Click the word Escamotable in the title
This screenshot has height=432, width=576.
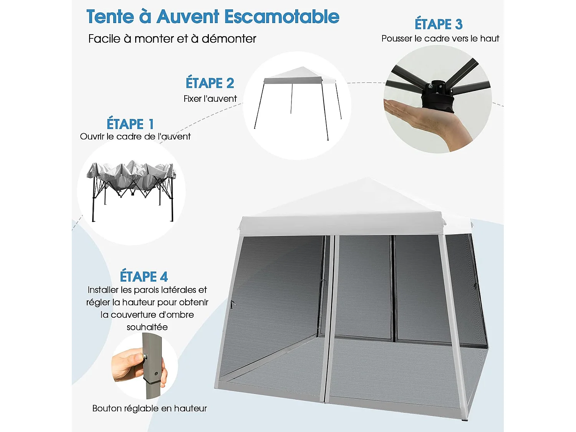tap(281, 17)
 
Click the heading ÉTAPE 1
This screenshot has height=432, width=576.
tap(130, 124)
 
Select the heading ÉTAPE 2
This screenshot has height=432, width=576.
tap(210, 83)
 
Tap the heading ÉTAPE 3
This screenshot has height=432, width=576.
tap(438, 24)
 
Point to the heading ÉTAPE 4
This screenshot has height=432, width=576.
tap(144, 276)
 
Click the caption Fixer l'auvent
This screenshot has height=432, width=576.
tap(210, 99)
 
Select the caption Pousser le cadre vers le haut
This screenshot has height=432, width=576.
tap(440, 38)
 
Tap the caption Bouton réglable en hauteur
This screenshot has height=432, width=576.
tap(149, 408)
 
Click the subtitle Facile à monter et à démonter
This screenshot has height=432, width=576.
tap(172, 39)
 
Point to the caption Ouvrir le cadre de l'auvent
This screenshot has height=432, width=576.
tap(135, 136)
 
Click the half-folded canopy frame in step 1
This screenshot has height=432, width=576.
tap(131, 184)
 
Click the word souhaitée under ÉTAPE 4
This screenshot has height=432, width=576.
tap(147, 327)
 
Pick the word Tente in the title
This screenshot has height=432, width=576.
tap(110, 17)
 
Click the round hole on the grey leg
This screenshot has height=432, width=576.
tap(156, 373)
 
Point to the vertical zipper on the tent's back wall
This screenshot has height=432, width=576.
tap(393, 288)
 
